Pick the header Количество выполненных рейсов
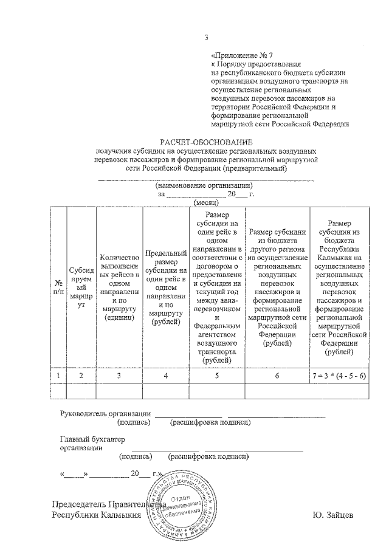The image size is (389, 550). [119, 287]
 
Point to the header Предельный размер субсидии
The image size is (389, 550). [165, 287]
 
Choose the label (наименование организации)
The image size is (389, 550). [204, 185]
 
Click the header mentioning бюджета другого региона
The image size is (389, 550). [277, 287]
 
